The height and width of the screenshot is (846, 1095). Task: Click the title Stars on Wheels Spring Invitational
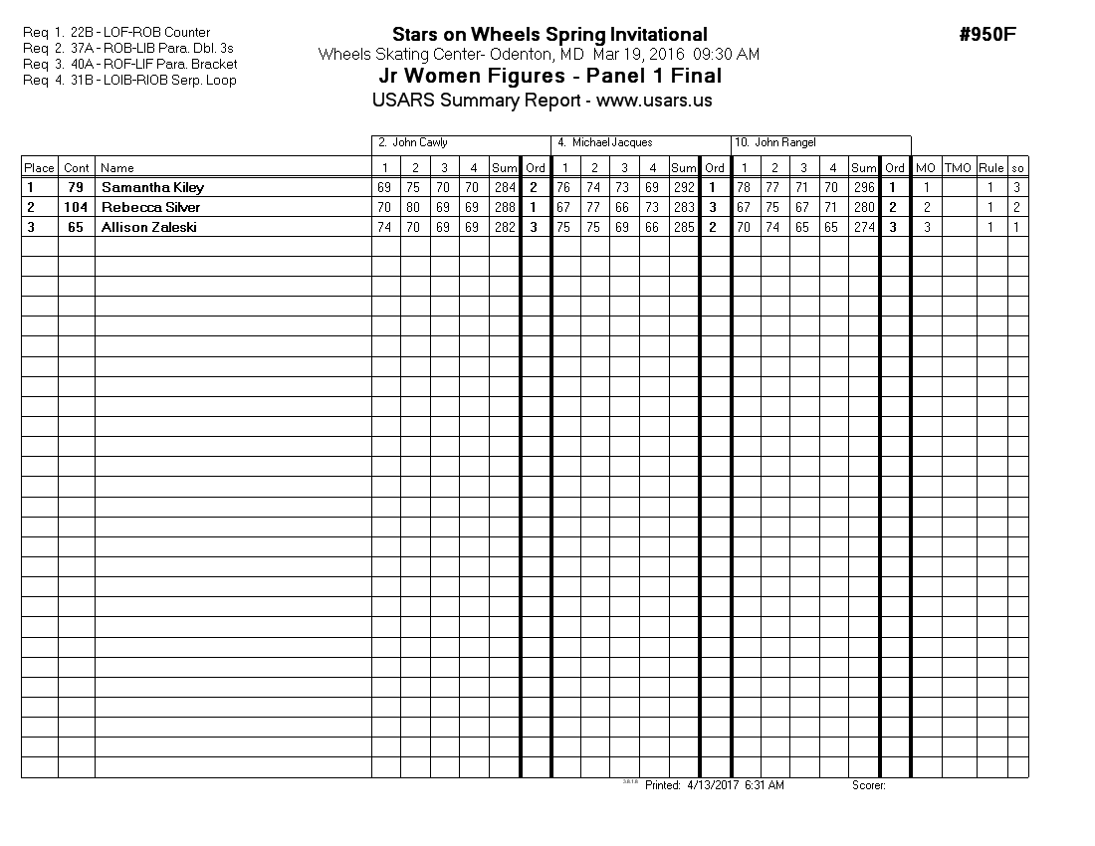point(549,36)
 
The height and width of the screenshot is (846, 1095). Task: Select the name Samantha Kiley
point(152,187)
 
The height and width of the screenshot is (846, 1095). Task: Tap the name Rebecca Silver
point(150,207)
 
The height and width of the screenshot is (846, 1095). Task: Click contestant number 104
point(76,207)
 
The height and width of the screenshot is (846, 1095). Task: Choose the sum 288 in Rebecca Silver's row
point(504,207)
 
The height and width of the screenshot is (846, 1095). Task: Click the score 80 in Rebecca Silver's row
point(415,207)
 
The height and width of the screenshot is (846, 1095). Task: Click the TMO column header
point(958,168)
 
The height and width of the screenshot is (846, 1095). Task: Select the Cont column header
point(77,168)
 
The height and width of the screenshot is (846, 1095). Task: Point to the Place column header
point(40,168)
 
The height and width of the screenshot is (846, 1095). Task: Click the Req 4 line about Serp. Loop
point(129,81)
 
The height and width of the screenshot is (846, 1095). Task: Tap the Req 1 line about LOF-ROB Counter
point(116,33)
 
